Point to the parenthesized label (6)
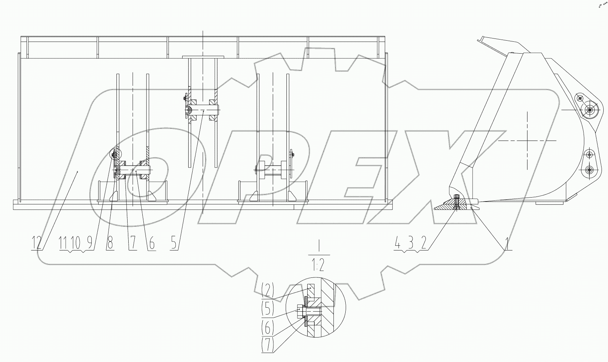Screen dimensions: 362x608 pyautogui.click(x=268, y=327)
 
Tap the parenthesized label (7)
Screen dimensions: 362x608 pyautogui.click(x=268, y=345)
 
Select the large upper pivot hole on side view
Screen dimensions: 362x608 pyautogui.click(x=590, y=109)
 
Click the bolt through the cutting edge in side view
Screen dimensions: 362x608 pyautogui.click(x=456, y=202)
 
